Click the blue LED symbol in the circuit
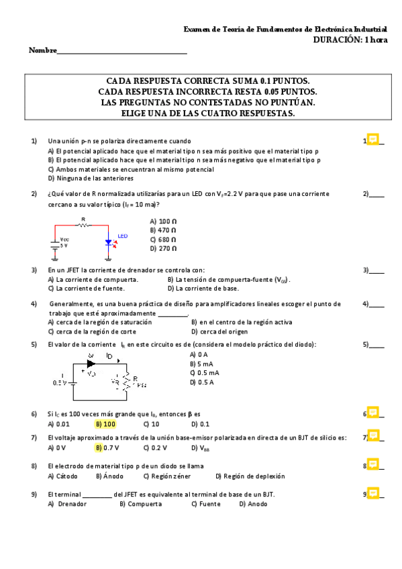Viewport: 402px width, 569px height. coord(107,242)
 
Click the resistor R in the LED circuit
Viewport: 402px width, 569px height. coord(83,225)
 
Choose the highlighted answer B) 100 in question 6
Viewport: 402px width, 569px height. coord(105,424)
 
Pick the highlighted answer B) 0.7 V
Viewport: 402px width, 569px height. coord(107,447)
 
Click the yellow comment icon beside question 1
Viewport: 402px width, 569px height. coord(372,140)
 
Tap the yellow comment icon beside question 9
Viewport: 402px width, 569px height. coord(372,493)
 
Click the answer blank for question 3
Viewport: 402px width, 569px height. coord(377,271)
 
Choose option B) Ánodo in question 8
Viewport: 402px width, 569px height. coord(109,476)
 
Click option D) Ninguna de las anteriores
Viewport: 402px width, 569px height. coord(91,178)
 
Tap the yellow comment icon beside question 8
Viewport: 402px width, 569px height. coord(372,464)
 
